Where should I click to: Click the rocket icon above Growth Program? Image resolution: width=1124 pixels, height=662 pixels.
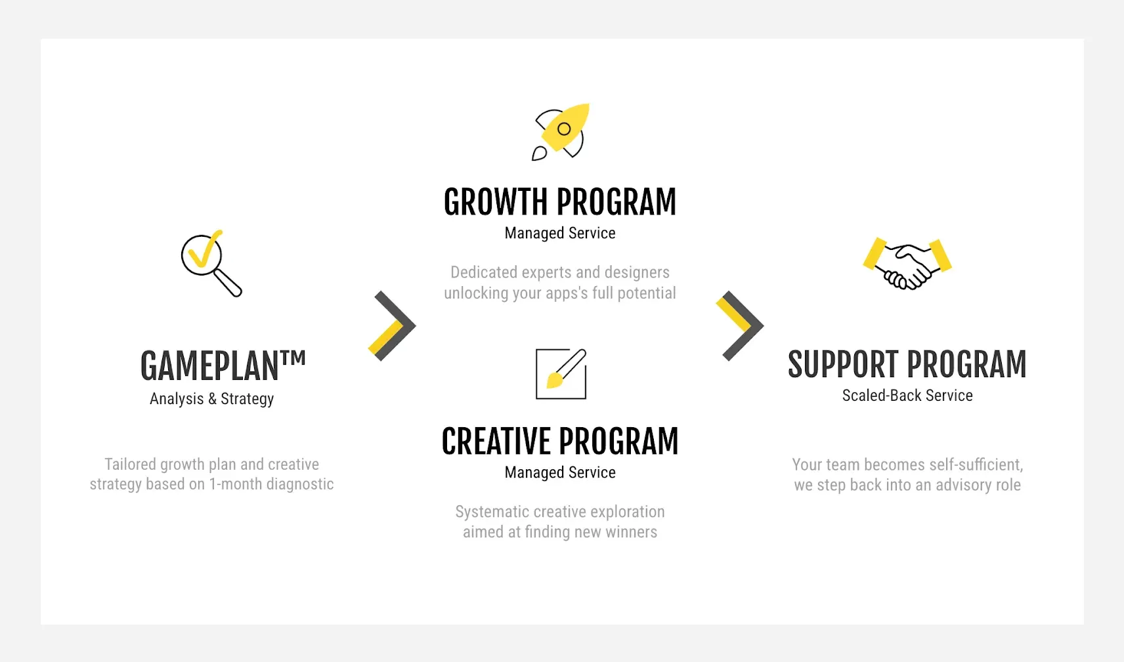(561, 131)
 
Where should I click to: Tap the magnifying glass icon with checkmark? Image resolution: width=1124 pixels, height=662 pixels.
(211, 263)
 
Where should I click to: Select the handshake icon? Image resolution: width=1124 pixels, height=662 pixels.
(907, 263)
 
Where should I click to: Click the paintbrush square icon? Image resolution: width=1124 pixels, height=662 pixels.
(561, 374)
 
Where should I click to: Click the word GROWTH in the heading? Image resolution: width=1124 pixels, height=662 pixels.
(495, 202)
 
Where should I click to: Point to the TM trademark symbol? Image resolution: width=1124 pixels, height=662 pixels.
(293, 358)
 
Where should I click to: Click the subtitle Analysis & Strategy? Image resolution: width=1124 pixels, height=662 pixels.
(212, 399)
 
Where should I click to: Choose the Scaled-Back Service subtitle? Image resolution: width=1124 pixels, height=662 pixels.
(907, 395)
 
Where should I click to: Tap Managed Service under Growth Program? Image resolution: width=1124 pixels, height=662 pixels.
(560, 233)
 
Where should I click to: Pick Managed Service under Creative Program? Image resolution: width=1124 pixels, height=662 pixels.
(560, 472)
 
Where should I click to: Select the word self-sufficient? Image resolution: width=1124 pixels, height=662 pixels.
(976, 465)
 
